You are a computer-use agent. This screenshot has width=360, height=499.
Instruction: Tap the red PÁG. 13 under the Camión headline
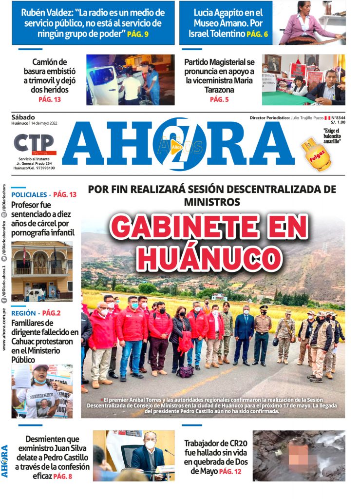tap(50, 99)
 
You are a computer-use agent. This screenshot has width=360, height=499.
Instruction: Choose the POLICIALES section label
tap(29, 194)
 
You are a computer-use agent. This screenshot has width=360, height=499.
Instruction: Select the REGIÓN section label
tap(23, 313)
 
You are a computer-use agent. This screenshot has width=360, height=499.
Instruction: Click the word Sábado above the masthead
tap(23, 117)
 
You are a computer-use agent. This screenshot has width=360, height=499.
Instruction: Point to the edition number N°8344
tap(338, 118)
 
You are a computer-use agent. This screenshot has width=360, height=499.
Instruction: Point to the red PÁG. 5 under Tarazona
tap(219, 99)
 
